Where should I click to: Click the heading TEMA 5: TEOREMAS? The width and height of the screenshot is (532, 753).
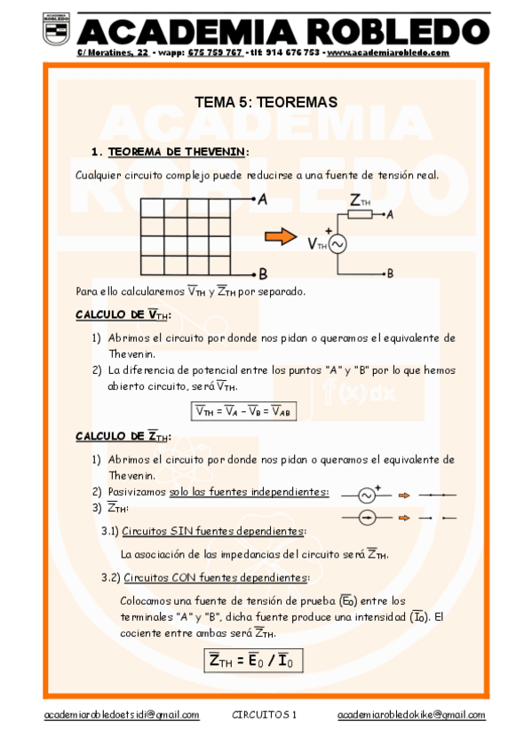coord(266,103)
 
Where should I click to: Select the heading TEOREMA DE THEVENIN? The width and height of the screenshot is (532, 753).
coord(171,152)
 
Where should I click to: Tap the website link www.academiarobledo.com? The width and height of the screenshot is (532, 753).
coord(388,53)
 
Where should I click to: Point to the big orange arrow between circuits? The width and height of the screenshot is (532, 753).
coord(280,236)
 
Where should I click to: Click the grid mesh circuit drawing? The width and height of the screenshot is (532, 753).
coord(186,237)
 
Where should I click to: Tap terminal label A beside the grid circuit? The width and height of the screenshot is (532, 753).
coord(263,201)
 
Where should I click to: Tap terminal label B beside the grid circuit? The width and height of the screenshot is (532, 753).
coord(263,273)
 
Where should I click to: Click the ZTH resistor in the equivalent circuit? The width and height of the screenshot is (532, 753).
coord(361,214)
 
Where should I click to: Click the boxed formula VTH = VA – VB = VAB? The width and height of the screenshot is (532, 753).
coord(242,411)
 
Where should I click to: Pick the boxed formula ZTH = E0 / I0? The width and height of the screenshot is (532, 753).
coord(254,662)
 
